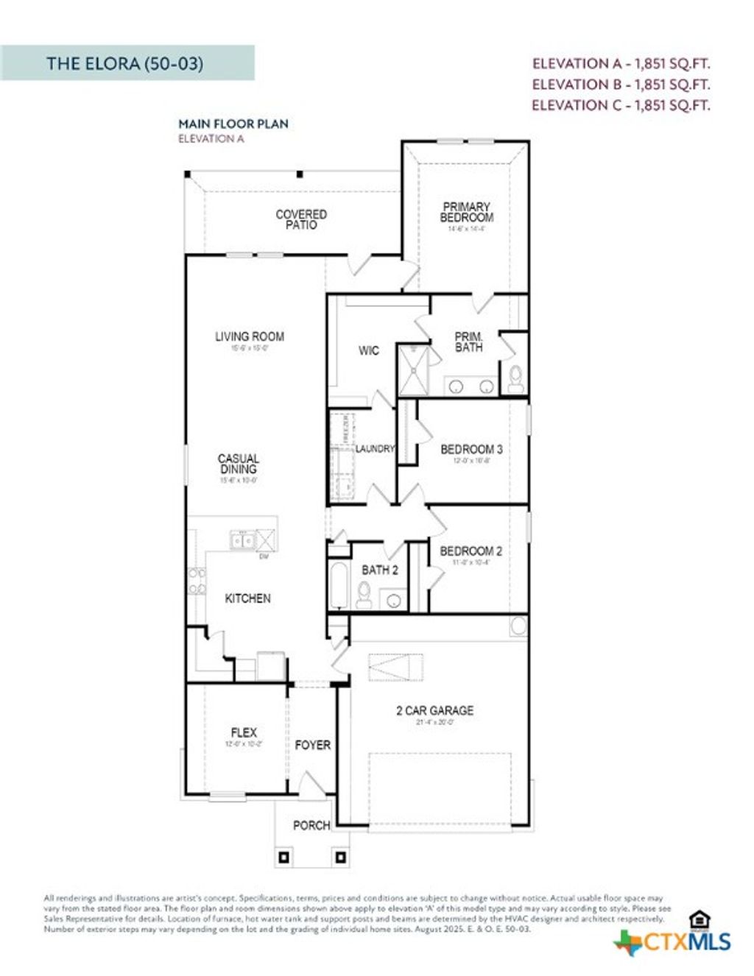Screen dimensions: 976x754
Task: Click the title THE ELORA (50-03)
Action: click(124, 63)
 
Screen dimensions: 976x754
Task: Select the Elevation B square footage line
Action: click(620, 85)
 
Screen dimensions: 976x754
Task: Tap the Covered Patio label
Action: click(301, 219)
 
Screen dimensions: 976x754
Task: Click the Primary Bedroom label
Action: click(466, 213)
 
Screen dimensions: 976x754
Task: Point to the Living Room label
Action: click(249, 337)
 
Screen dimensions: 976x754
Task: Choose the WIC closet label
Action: click(368, 351)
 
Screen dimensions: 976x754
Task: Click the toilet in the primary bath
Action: click(515, 378)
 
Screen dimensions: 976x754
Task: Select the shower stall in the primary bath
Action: click(414, 370)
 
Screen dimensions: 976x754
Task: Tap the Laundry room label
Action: click(375, 448)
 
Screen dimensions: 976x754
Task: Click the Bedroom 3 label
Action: click(471, 449)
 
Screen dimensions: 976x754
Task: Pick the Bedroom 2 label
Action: click(471, 551)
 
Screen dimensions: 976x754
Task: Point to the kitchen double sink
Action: click(242, 541)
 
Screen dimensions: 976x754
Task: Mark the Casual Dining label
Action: click(238, 464)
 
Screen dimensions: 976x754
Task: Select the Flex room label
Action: click(244, 732)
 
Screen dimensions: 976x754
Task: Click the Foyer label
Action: click(312, 745)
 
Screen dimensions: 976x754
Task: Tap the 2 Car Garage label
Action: click(434, 710)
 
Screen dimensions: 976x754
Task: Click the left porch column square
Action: click(284, 857)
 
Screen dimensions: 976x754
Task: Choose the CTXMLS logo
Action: click(673, 941)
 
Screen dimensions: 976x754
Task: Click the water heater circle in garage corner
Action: click(518, 626)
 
